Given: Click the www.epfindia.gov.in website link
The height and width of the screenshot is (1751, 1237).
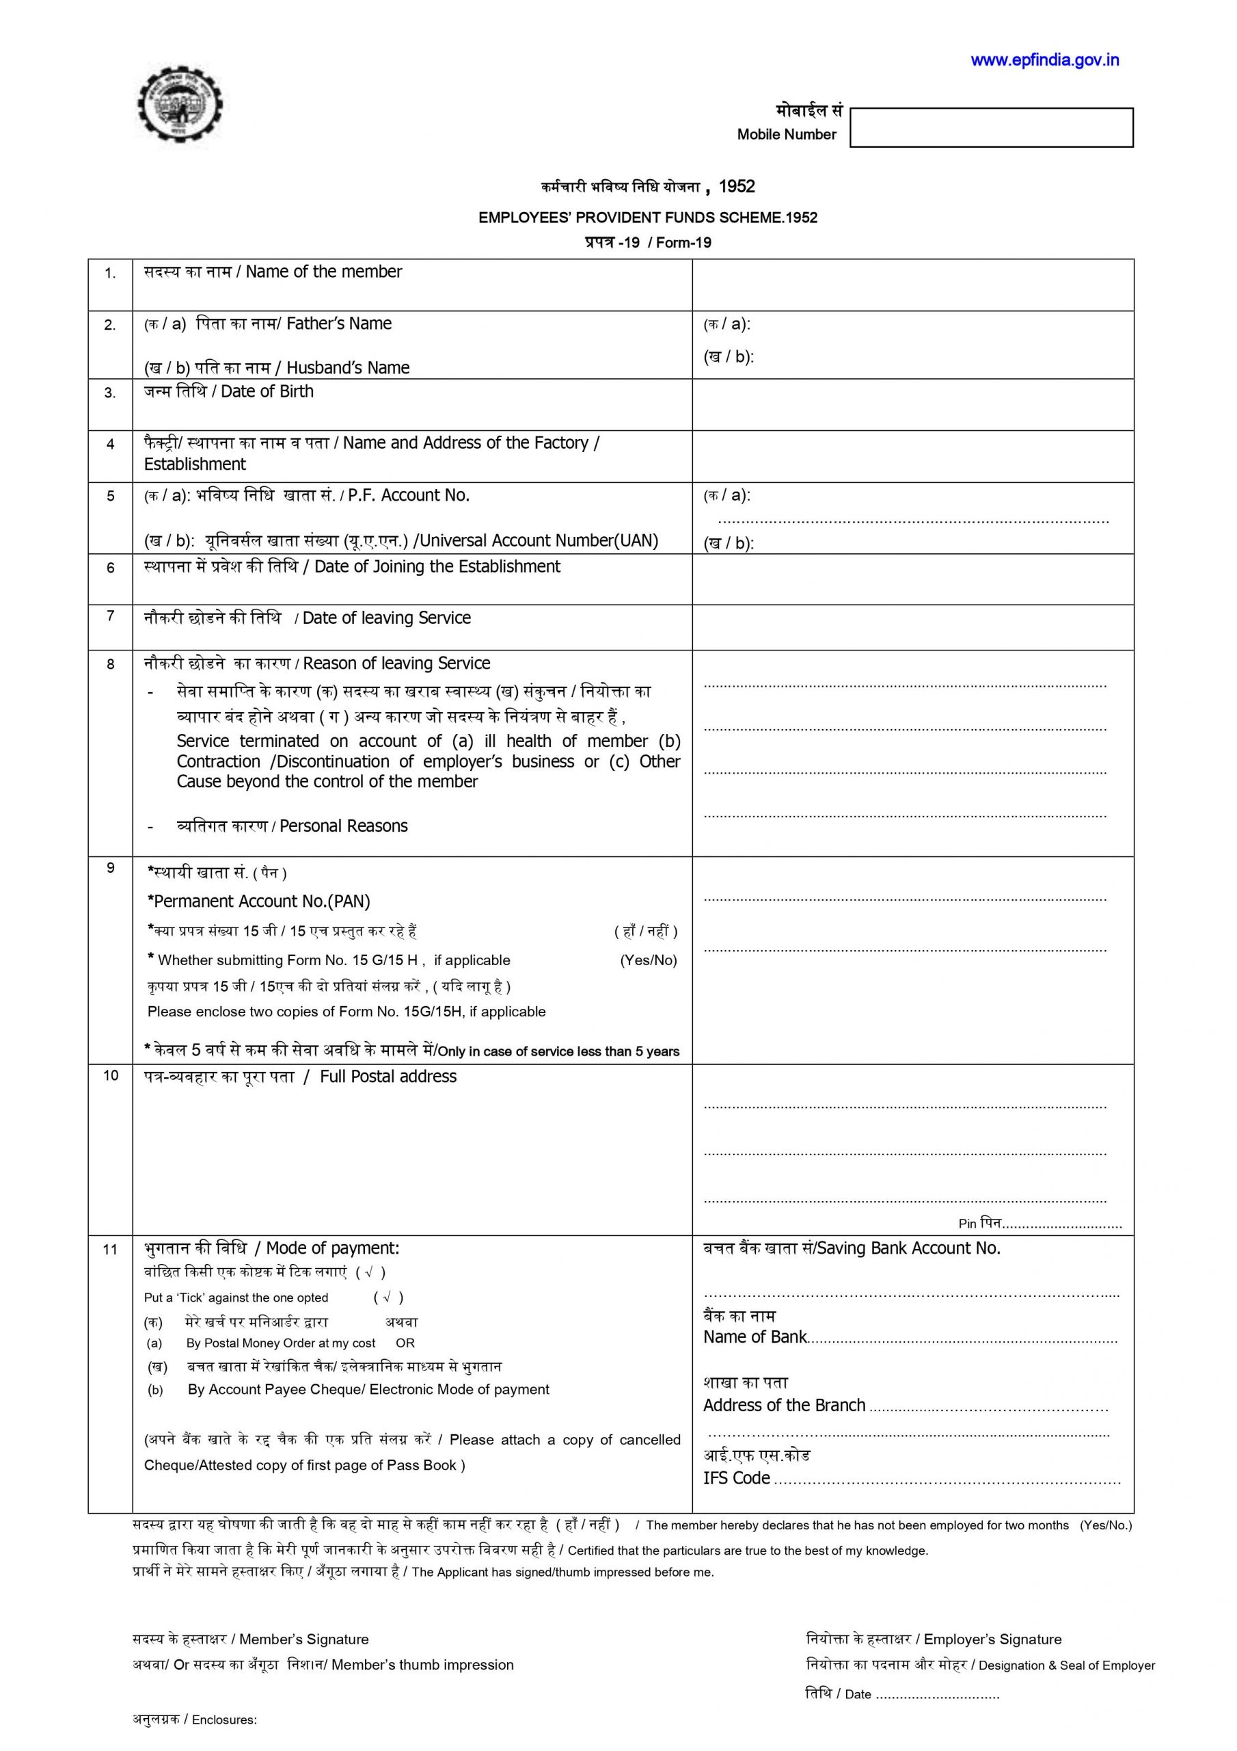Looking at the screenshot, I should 1044,61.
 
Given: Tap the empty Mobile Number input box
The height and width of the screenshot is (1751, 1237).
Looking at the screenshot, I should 991,127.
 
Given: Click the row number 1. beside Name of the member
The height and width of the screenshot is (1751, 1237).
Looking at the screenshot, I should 111,274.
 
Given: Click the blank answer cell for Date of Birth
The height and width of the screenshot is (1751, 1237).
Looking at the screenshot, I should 912,404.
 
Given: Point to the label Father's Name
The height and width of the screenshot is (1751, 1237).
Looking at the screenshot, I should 338,324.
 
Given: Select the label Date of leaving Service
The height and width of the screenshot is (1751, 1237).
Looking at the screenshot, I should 386,618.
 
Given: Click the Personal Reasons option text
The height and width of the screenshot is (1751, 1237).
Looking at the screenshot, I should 343,826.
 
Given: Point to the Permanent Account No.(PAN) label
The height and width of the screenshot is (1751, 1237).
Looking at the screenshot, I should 259,901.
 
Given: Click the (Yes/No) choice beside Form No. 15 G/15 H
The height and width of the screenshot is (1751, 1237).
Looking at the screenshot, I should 648,960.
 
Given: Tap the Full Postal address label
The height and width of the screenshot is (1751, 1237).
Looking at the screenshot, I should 388,1077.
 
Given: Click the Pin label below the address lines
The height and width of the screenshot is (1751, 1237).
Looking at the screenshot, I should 967,1224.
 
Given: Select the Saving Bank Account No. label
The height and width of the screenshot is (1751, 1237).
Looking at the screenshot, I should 908,1248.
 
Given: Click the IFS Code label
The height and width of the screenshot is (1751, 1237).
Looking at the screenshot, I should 736,1478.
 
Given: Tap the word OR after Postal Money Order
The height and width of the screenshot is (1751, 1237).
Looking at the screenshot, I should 405,1343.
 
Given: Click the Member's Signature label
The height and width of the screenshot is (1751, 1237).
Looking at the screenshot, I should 303,1640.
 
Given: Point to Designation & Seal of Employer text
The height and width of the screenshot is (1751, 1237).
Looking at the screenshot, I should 1066,1666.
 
